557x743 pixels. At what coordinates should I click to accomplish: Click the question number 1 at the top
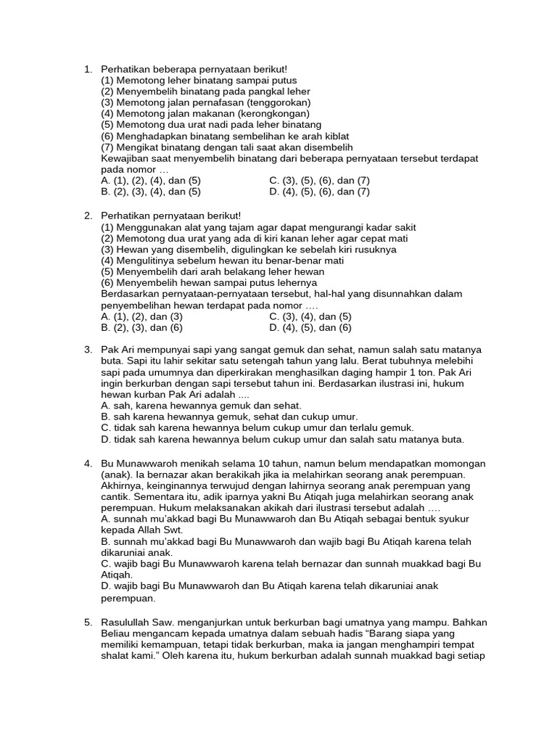(x=87, y=70)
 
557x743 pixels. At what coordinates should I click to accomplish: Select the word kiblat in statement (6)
(x=334, y=136)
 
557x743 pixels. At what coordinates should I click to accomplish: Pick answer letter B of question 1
(x=105, y=192)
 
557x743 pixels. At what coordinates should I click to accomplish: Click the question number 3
(x=87, y=350)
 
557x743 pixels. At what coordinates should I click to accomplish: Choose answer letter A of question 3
(x=105, y=406)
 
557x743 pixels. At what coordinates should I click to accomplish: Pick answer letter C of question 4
(x=105, y=564)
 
